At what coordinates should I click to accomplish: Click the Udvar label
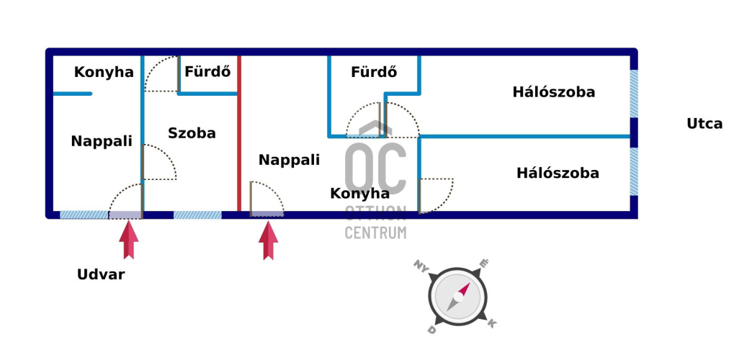point(101,274)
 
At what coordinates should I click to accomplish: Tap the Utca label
point(704,124)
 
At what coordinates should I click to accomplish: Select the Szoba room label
point(192,133)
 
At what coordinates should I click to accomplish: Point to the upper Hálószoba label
point(554,92)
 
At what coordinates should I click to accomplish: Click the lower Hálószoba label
point(558,174)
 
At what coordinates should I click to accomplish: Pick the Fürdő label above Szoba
point(207,72)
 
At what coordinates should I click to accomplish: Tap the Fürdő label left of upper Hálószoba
point(374,72)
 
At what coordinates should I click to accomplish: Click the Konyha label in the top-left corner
point(104,73)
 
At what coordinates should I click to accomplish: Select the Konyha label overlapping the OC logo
point(359,194)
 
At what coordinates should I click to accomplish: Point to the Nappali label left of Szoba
point(102,142)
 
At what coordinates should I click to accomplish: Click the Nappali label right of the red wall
point(289,160)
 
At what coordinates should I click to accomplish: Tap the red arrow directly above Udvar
point(130,240)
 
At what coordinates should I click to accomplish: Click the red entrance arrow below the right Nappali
point(268,240)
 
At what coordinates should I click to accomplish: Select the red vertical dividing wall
point(239,133)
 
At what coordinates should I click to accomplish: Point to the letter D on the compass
point(431,329)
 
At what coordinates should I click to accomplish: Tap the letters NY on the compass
point(421,266)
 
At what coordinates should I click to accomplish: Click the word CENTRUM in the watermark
point(375,232)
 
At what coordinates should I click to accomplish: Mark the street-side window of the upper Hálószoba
point(634,94)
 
